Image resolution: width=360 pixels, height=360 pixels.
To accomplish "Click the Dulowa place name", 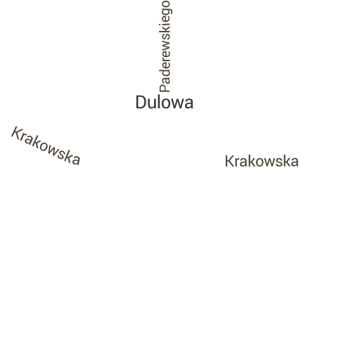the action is point(165,103).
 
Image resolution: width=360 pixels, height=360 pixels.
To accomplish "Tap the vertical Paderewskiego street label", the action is point(165,46).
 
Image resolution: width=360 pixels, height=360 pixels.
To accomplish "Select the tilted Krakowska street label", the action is point(46,146).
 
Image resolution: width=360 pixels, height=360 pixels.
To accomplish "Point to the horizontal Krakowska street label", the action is point(262,161).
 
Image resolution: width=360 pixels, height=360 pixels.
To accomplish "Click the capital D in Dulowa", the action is point(141,103).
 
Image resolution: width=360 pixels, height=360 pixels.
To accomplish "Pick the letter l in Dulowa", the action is point(160,102).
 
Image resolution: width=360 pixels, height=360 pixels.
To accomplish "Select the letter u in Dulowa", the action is point(153,104).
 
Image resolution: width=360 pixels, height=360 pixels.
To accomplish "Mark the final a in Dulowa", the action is point(189,104).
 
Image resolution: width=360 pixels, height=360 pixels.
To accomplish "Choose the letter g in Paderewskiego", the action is point(167,15).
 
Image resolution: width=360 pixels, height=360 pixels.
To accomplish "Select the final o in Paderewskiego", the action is point(166,5).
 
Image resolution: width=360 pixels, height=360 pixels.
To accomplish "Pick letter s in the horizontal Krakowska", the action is point(279,162).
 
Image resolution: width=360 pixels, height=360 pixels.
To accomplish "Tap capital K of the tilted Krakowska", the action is point(16,133).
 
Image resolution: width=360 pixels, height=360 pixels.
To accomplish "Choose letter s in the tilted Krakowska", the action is point(63,155).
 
